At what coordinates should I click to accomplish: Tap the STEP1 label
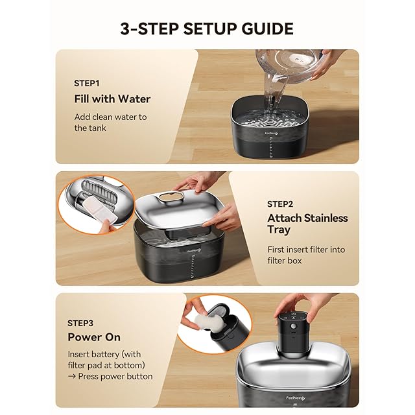[x=86, y=84]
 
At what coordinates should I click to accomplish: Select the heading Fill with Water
[x=112, y=99]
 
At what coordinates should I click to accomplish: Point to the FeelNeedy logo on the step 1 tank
[x=272, y=134]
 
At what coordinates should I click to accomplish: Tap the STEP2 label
[x=280, y=204]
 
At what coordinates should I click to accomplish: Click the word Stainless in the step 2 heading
[x=326, y=218]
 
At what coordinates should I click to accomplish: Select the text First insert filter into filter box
[x=306, y=255]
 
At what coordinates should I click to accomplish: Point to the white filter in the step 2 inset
[x=101, y=209]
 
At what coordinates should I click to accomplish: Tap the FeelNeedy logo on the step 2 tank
[x=194, y=250]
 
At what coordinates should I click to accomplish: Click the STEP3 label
[x=80, y=323]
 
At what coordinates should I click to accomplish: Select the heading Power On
[x=94, y=337]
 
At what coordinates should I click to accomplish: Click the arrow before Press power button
[x=72, y=376]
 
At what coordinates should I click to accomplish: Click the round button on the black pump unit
[x=293, y=326]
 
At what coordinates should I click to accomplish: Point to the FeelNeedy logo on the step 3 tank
[x=296, y=397]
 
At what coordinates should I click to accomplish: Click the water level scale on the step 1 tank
[x=270, y=148]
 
